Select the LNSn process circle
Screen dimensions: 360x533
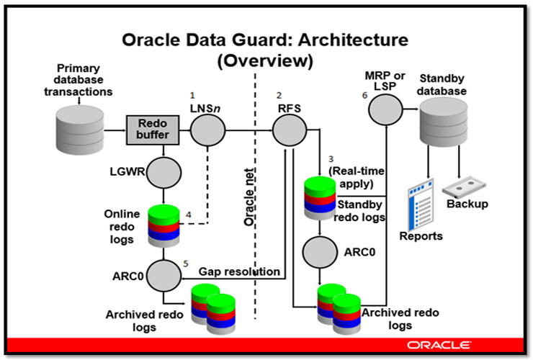(x=207, y=131)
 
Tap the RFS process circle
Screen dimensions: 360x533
(x=287, y=131)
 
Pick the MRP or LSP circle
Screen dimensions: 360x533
(x=385, y=110)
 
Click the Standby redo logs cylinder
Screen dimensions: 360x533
(x=320, y=193)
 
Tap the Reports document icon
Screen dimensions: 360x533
(x=422, y=205)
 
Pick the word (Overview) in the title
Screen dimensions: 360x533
(x=266, y=63)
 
